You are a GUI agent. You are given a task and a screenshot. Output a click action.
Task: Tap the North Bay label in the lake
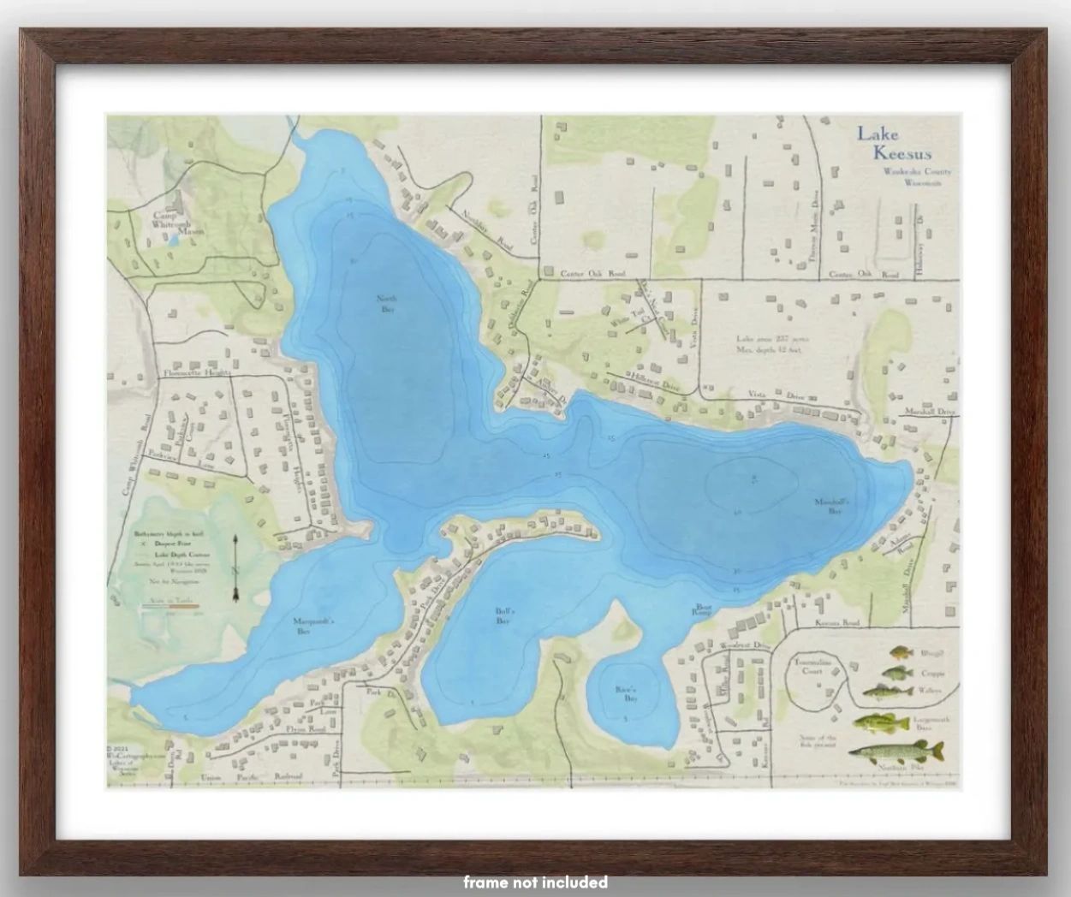(x=386, y=304)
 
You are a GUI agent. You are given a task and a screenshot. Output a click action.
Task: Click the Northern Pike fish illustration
(x=895, y=752)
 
